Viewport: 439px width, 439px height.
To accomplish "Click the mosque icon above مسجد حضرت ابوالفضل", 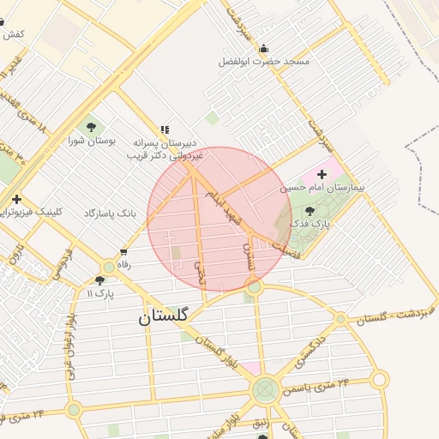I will [x=263, y=48].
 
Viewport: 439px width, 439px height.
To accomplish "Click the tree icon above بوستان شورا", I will [x=92, y=128].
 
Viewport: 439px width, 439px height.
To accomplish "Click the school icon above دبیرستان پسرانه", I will [x=165, y=129].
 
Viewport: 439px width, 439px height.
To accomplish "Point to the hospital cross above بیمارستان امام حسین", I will [x=322, y=174].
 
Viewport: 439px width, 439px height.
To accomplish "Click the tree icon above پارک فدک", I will [x=310, y=210].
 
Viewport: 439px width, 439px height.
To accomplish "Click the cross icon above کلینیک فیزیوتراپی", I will [x=16, y=199].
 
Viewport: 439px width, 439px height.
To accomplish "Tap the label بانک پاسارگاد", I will [x=111, y=211].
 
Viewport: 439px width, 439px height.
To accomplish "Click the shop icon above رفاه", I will [x=124, y=253].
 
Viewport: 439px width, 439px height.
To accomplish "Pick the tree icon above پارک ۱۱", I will [x=100, y=280].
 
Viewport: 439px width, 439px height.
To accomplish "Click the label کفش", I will [x=14, y=33].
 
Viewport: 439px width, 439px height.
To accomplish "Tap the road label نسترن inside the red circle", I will [x=249, y=255].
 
